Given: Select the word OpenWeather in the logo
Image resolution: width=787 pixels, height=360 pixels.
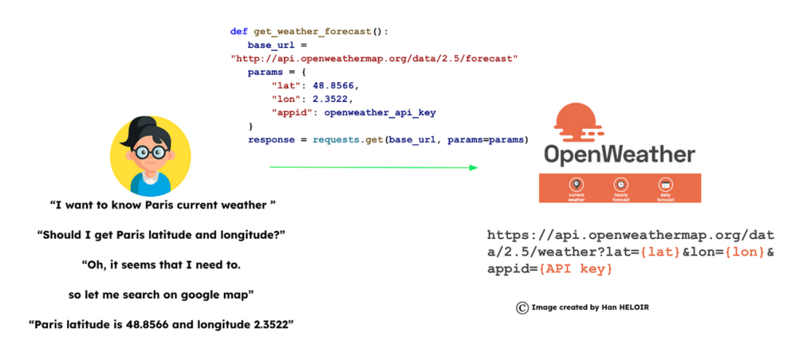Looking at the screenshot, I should [619, 155].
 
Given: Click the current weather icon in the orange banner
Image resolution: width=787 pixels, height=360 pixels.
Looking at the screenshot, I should [576, 185].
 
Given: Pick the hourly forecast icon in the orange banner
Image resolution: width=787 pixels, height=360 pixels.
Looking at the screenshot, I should [620, 185].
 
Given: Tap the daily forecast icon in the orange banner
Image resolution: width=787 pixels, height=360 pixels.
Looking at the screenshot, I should [665, 185].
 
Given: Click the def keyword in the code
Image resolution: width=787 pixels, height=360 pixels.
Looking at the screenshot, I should [238, 32].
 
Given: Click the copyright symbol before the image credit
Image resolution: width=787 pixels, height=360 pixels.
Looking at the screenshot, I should [522, 308].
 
